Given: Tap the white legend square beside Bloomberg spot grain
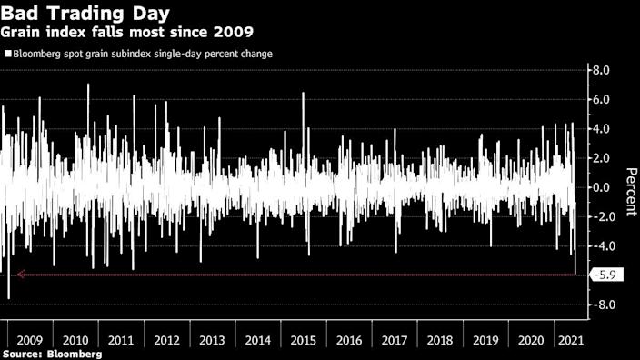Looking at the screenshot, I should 6,54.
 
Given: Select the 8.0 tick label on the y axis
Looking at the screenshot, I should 601,70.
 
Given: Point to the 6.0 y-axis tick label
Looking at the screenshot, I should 601,99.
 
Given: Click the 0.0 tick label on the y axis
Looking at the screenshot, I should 601,187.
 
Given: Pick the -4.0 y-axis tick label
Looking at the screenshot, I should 600,246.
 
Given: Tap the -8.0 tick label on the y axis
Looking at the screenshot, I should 600,305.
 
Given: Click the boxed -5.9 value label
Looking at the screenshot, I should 606,275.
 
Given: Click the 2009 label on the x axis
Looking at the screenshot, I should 28,339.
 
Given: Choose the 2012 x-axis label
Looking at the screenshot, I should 165,339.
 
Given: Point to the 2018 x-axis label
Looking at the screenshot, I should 439,339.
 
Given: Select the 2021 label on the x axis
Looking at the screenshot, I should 570,339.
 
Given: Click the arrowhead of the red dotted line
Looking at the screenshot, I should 20,275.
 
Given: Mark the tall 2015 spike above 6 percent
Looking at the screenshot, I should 303,95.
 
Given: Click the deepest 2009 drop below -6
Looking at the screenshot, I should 9,296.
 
